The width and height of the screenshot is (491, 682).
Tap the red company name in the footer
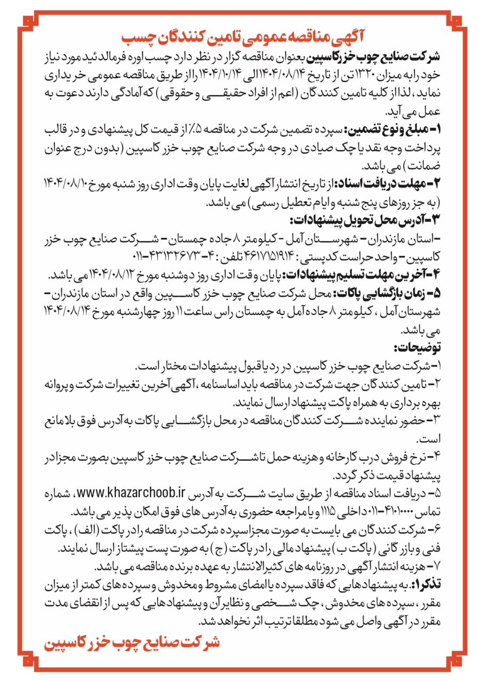(131, 643)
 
